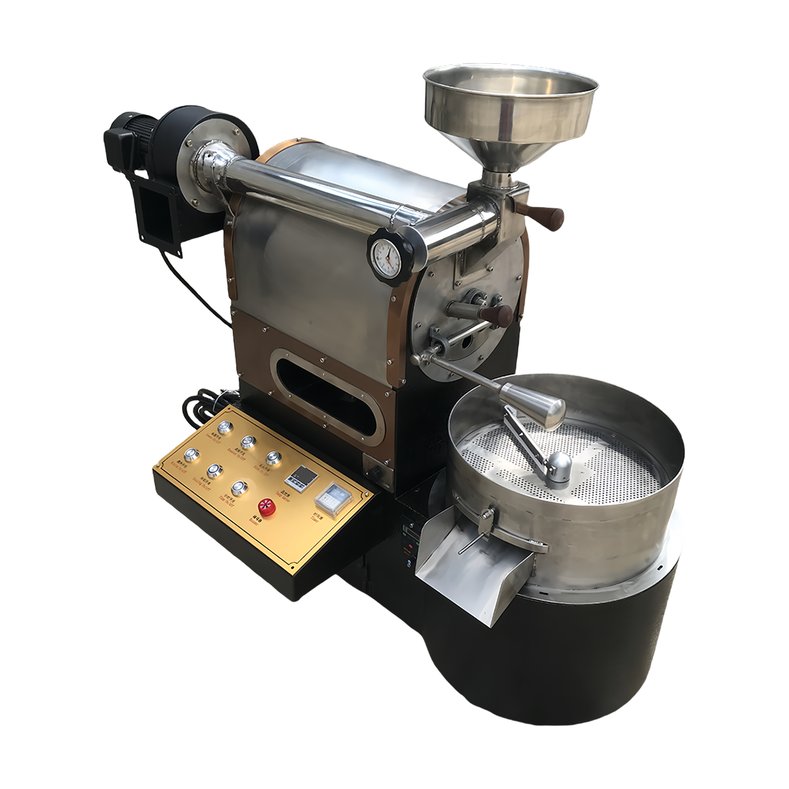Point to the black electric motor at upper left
pos(136,143)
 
